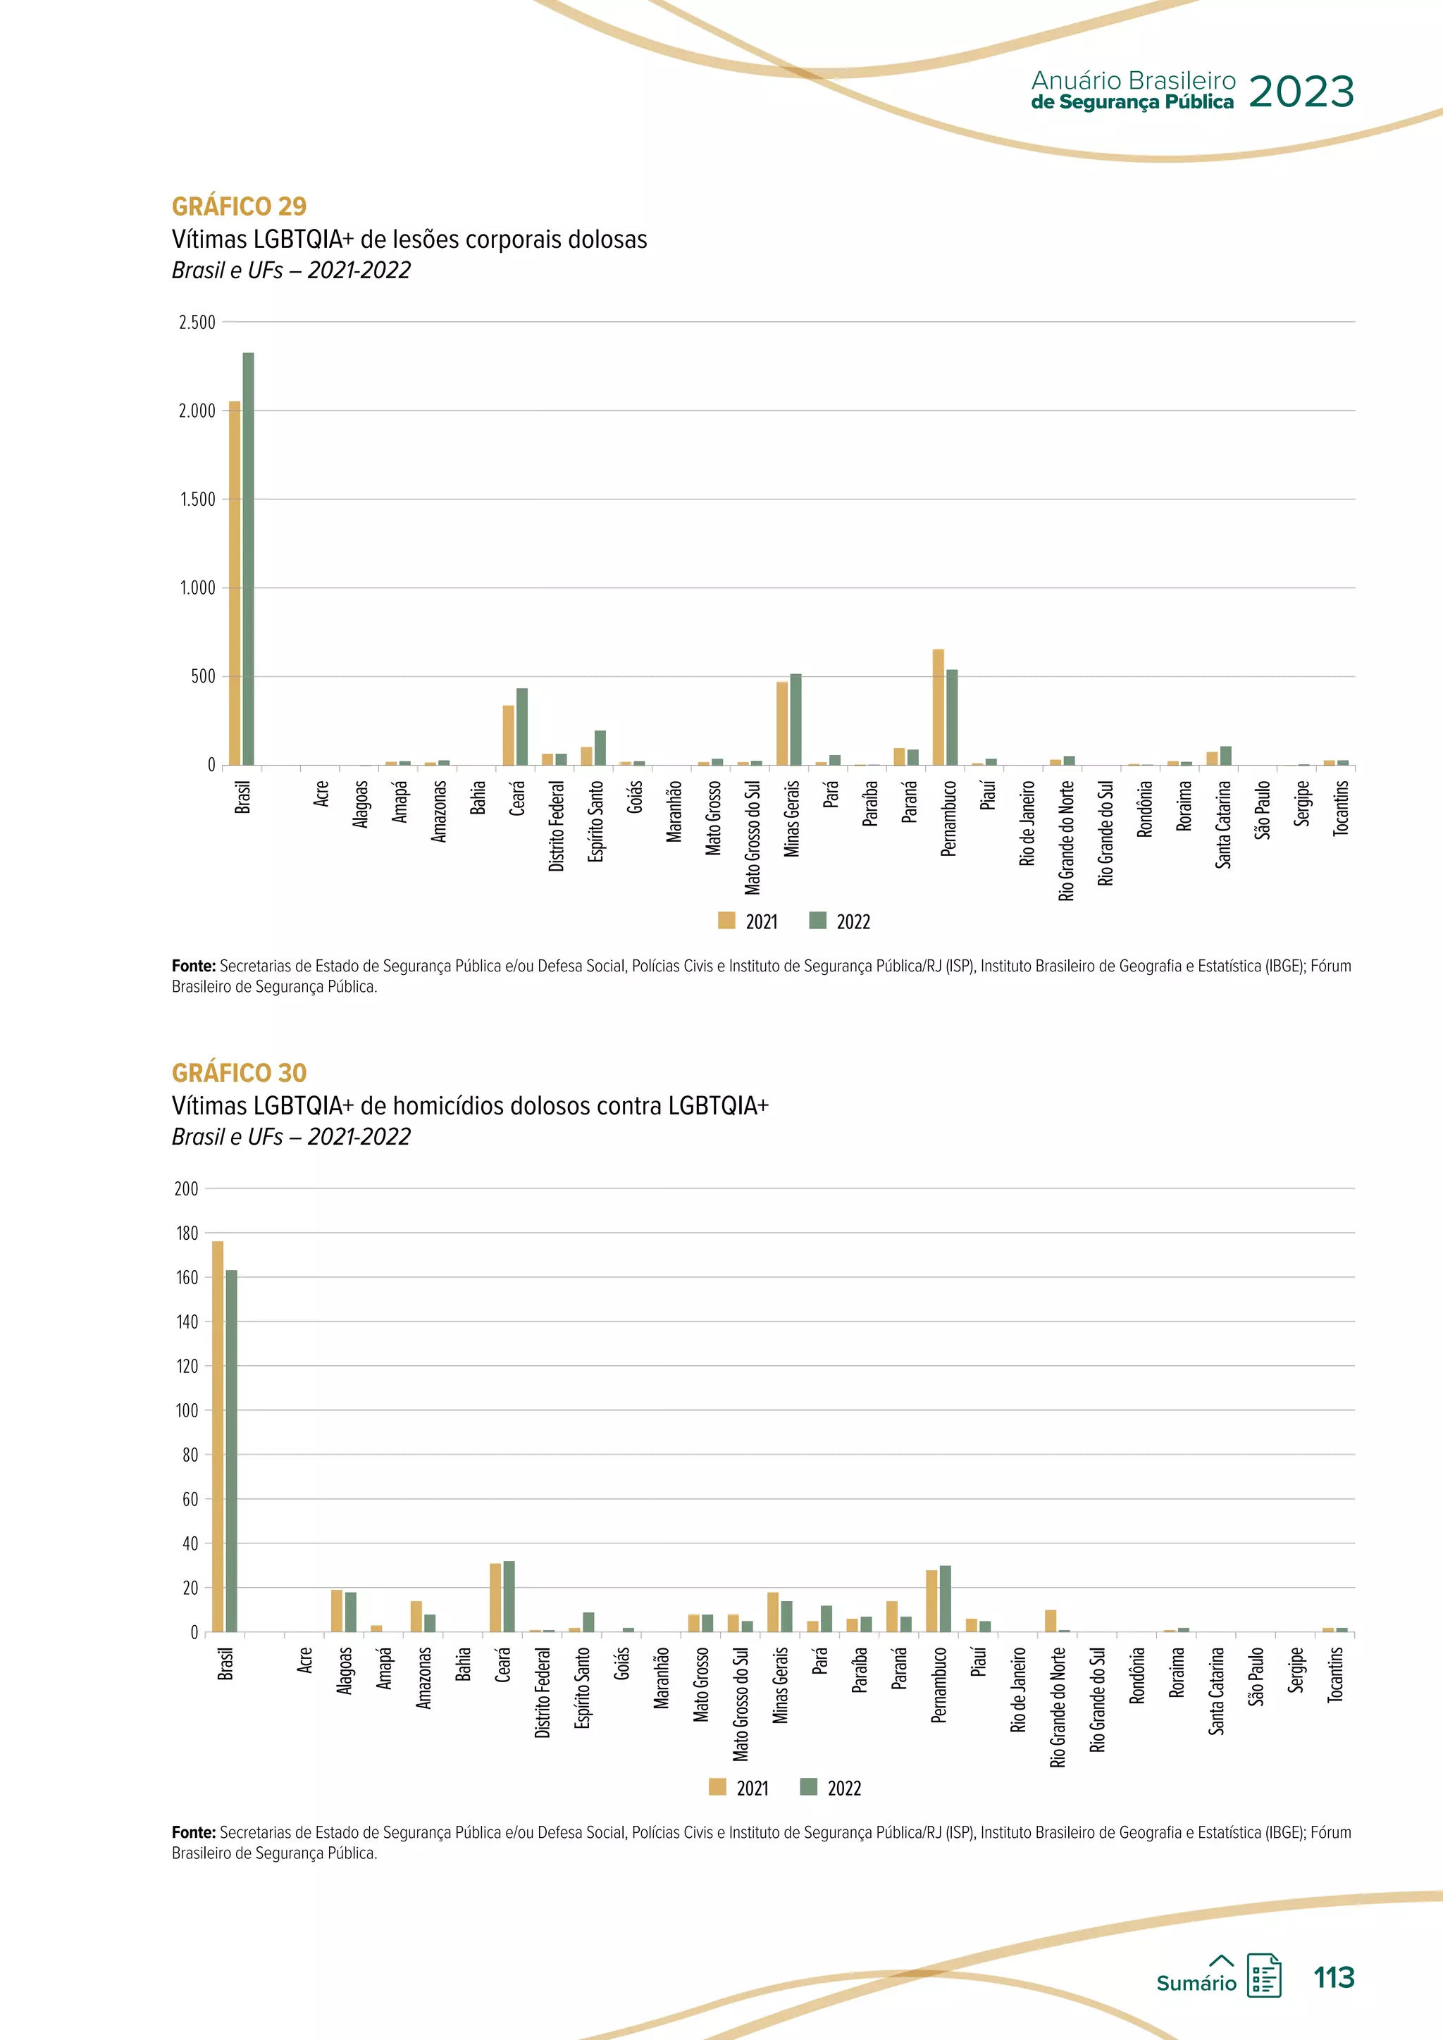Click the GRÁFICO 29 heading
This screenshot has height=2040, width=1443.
click(x=239, y=206)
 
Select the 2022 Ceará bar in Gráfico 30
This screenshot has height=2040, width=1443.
click(x=509, y=1597)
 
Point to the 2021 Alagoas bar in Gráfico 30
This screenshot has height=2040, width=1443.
click(x=337, y=1611)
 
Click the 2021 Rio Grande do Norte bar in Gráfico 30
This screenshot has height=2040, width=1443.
click(x=1051, y=1622)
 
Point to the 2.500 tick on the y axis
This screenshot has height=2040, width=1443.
click(x=197, y=323)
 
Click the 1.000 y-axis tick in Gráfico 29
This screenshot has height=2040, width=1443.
click(x=197, y=588)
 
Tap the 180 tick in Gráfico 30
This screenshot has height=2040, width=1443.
click(x=187, y=1233)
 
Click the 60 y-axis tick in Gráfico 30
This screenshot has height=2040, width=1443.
click(x=190, y=1500)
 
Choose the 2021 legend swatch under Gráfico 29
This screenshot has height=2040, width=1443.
click(x=727, y=921)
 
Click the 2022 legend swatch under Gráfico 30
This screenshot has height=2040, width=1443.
click(x=809, y=1787)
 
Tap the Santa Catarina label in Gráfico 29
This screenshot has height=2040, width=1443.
click(x=1224, y=825)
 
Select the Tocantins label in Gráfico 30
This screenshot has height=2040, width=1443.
click(x=1334, y=1675)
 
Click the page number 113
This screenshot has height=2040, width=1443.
click(x=1334, y=1978)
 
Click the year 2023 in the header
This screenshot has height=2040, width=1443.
click(x=1301, y=92)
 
